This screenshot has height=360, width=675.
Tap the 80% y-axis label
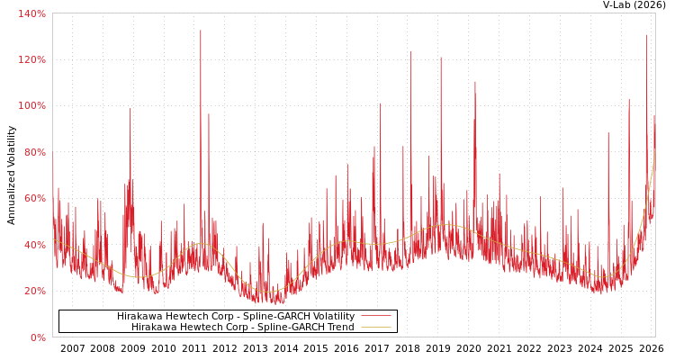33,152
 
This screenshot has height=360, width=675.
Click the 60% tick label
33,198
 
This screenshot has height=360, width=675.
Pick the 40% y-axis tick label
33,245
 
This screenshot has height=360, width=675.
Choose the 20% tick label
33,291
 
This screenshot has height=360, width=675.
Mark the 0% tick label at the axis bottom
37,337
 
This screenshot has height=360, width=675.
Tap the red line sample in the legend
375,316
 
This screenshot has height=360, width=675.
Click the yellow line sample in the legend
375,327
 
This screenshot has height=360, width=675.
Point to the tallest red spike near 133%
201,31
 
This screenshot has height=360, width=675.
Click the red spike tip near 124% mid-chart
410,51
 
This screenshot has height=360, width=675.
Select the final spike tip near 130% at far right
646,35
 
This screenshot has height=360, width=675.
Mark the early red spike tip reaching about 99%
130,109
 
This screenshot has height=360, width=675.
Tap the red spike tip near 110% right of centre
475,83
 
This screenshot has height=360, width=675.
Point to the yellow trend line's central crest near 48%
445,224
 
